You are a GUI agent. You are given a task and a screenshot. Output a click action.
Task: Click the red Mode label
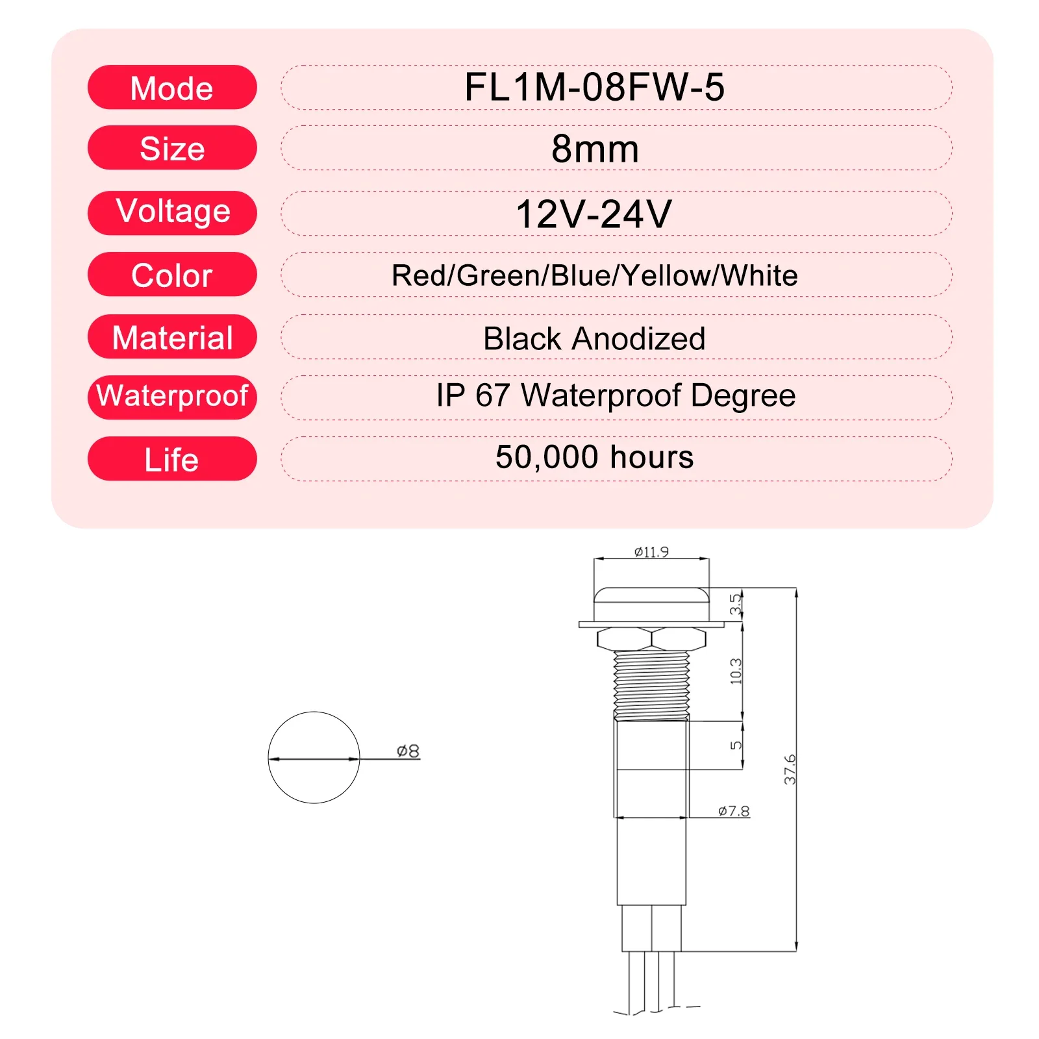172,88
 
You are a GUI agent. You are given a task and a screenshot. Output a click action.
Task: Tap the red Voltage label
172,212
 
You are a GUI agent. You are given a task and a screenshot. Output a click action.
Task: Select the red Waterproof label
172,396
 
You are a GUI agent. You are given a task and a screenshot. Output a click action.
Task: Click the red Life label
172,459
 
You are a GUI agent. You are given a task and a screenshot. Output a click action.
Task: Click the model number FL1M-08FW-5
594,87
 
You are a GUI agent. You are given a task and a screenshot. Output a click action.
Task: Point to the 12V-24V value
594,214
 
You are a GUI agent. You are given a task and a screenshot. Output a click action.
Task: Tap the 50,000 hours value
594,457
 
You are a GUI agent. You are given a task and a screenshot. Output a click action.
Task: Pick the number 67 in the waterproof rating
492,395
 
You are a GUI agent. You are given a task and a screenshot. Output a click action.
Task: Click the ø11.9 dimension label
651,552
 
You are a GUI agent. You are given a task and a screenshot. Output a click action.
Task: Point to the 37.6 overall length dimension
790,770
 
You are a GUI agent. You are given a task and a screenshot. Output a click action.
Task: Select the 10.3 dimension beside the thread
736,671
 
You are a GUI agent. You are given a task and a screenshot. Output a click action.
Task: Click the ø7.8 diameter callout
734,811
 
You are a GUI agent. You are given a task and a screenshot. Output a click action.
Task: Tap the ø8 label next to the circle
408,751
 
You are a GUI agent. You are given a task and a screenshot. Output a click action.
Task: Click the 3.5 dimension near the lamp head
734,604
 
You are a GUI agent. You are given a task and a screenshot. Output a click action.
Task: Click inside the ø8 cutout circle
314,779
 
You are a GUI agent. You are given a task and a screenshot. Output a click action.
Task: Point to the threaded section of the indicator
651,685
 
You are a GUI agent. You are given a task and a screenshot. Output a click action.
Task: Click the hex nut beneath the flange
651,638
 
